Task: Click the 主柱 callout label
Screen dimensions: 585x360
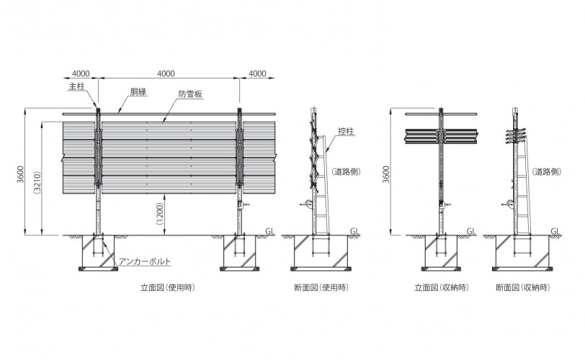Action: pyautogui.click(x=77, y=86)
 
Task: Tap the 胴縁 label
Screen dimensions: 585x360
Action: pyautogui.click(x=138, y=91)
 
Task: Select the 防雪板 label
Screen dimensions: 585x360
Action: pyautogui.click(x=190, y=94)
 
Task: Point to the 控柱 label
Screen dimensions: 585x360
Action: pyautogui.click(x=346, y=131)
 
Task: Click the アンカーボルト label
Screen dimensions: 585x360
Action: pyautogui.click(x=145, y=261)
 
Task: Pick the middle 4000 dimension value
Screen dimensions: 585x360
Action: pyautogui.click(x=166, y=73)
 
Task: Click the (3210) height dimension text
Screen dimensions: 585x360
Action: pyautogui.click(x=37, y=182)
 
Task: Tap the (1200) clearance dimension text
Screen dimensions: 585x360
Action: pyautogui.click(x=160, y=214)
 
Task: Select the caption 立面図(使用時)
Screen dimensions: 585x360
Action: pyautogui.click(x=168, y=287)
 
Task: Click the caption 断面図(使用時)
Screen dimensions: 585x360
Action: pyautogui.click(x=321, y=287)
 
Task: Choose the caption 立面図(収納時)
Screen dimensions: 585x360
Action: pyautogui.click(x=442, y=287)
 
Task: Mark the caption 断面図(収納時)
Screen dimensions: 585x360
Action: pyautogui.click(x=523, y=287)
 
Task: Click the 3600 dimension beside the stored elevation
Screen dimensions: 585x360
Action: pyautogui.click(x=385, y=174)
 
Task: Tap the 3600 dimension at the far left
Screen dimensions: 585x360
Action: pyautogui.click(x=20, y=174)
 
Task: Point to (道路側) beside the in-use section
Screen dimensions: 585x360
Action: pyautogui.click(x=346, y=171)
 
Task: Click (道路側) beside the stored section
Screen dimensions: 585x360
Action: pyautogui.click(x=547, y=171)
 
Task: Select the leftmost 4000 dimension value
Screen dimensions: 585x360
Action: pyautogui.click(x=81, y=73)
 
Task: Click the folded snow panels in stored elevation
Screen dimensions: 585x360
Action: pyautogui.click(x=441, y=136)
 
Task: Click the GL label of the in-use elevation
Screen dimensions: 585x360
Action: pyautogui.click(x=269, y=231)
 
